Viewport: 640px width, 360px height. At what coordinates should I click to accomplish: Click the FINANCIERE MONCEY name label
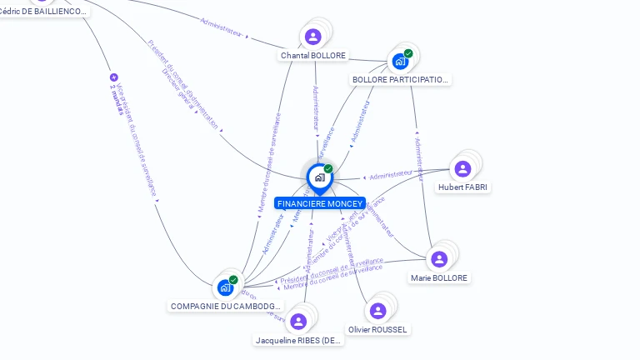320,203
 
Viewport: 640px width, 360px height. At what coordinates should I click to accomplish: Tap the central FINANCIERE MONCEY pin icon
319,177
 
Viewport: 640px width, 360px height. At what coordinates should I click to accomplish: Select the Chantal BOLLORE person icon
312,37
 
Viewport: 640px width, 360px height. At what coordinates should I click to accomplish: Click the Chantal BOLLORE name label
313,56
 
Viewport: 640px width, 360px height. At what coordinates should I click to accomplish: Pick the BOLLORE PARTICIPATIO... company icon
400,62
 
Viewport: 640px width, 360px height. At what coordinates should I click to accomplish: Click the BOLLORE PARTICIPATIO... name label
401,80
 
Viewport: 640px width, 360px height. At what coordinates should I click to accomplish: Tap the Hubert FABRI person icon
462,169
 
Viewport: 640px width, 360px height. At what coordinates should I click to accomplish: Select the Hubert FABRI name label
463,187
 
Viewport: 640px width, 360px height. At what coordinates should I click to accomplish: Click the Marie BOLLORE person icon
439,259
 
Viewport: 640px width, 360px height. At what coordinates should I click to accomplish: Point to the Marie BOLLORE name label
439,277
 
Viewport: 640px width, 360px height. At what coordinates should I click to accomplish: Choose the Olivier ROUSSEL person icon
377,311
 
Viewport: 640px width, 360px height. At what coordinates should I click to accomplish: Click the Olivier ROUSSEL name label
377,330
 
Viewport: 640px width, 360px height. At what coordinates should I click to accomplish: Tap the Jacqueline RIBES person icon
298,322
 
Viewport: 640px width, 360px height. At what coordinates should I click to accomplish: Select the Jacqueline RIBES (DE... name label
299,341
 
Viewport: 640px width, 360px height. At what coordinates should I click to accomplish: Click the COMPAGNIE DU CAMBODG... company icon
225,288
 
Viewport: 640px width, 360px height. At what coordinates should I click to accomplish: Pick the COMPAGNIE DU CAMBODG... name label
226,307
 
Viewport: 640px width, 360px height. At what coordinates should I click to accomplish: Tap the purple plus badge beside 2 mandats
113,77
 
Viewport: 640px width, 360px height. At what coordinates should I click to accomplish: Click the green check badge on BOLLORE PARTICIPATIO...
408,53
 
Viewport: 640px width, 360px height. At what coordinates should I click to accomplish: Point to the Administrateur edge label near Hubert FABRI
391,175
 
